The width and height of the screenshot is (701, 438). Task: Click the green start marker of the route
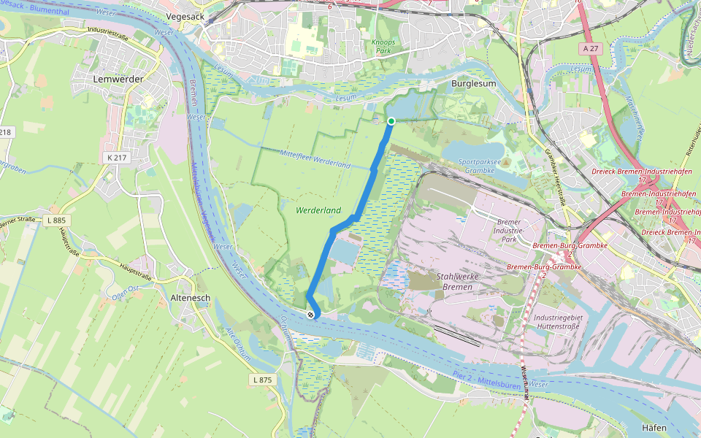391,121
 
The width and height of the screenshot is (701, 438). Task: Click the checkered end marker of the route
311,315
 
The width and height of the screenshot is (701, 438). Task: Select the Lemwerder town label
118,78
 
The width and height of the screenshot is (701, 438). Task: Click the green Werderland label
318,210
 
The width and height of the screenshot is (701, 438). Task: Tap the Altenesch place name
190,299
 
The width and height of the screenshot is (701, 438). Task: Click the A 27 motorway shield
591,47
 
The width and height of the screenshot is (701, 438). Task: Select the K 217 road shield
116,157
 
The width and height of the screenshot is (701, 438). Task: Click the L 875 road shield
262,380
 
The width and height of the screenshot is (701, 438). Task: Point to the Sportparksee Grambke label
480,165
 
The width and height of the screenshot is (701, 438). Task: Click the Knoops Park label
383,47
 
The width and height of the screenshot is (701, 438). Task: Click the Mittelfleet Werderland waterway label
315,158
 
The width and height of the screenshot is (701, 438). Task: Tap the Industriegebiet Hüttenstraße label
562,323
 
